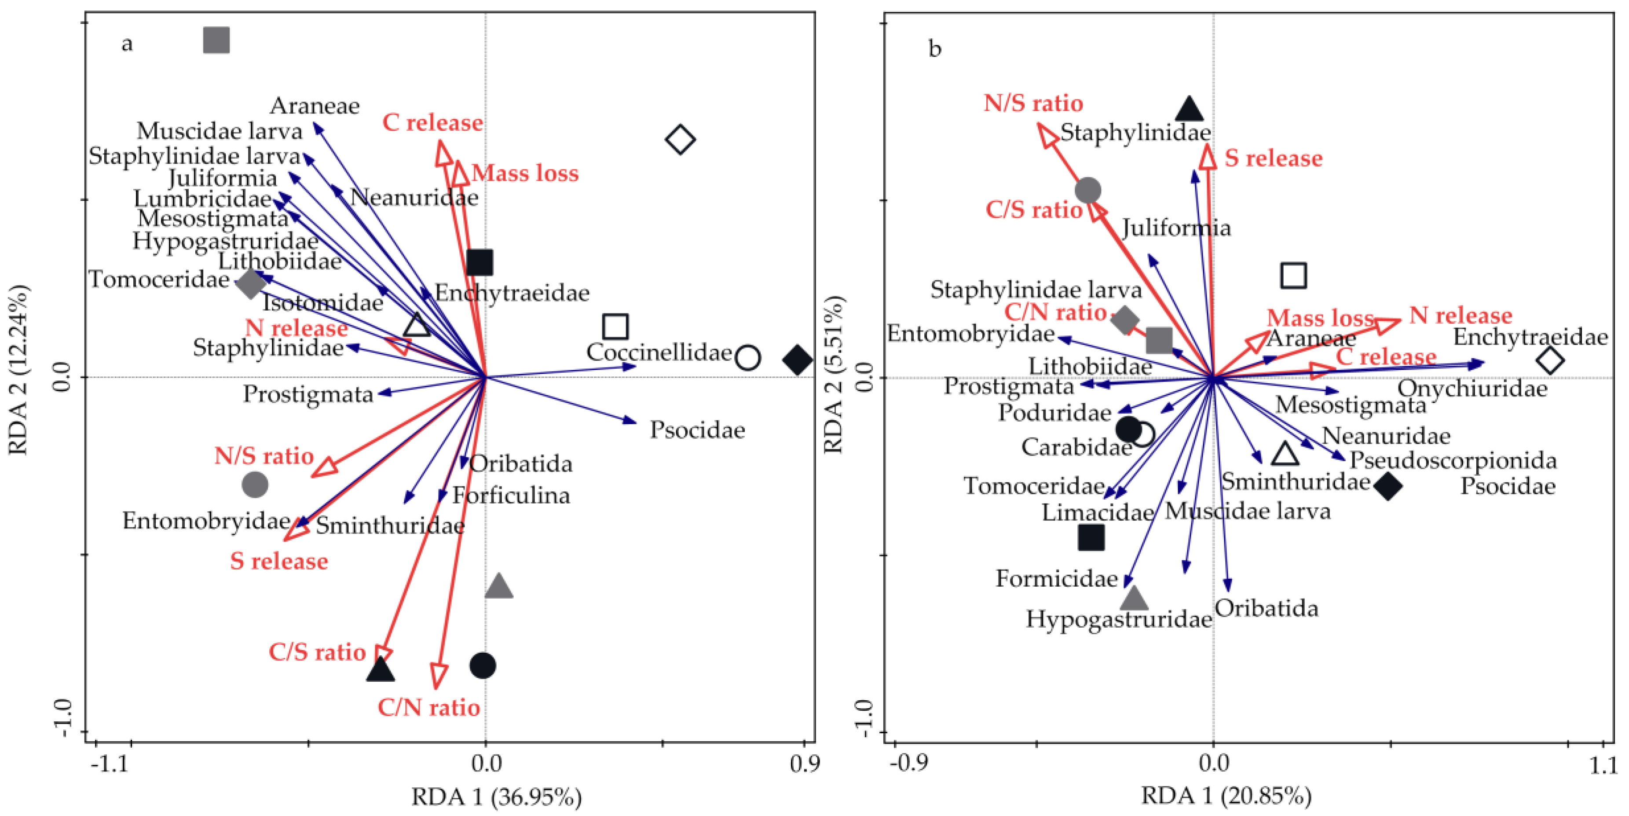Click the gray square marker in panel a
216,40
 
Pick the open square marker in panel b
1293,276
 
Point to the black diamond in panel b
1387,486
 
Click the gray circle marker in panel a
255,485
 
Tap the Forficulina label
511,495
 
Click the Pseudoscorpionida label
1453,460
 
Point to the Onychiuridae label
1472,388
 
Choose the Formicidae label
1057,578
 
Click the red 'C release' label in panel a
432,123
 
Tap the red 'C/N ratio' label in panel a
429,707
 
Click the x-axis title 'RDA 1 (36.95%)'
496,797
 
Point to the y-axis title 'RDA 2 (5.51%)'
834,375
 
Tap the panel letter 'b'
935,49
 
